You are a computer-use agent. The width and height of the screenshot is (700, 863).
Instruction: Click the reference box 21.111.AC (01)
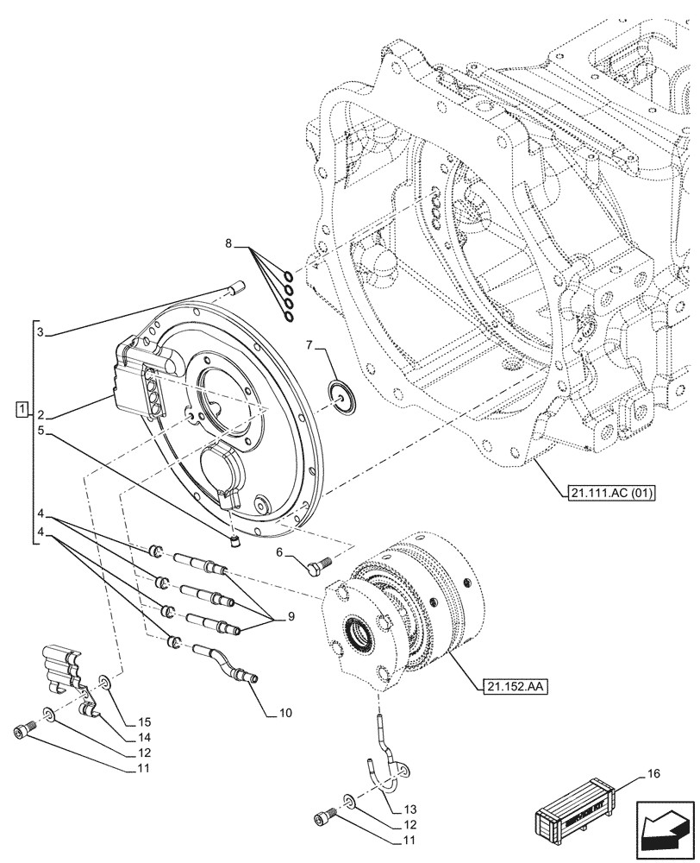612,494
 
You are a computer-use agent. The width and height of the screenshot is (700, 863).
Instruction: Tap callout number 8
228,245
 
